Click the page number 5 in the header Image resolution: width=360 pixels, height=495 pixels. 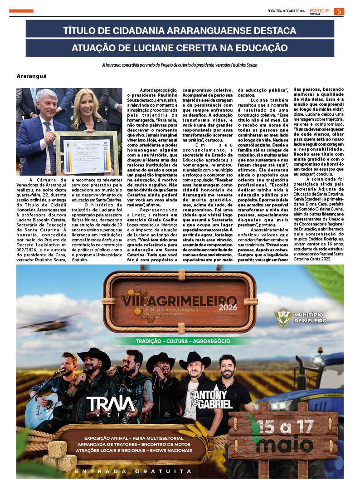[339, 11]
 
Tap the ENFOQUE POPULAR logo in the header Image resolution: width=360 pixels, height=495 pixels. [320, 11]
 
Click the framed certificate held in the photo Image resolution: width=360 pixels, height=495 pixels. [86, 152]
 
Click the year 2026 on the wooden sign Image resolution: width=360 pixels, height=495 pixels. [228, 307]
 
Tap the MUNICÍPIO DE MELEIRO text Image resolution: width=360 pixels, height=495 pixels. [311, 317]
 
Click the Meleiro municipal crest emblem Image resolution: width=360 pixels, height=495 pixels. [283, 318]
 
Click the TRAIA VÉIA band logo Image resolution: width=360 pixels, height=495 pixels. [112, 405]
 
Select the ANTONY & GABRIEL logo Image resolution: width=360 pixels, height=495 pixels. [212, 399]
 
